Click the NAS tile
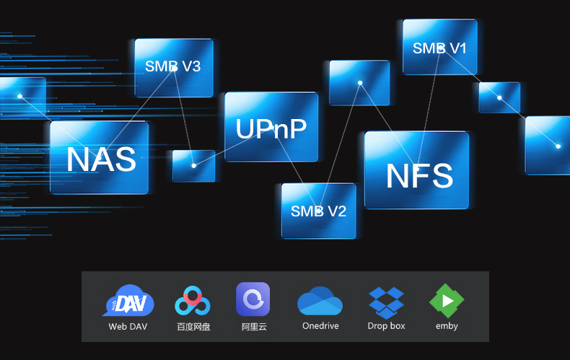[100, 158]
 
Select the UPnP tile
[271, 127]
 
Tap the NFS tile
[418, 174]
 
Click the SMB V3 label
[173, 66]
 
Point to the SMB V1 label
[439, 48]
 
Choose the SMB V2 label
[318, 211]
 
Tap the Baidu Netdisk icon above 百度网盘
[193, 301]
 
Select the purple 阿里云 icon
[253, 299]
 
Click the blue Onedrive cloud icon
[320, 301]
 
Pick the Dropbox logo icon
[386, 301]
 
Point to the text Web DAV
[128, 326]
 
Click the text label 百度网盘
[193, 326]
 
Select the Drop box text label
[386, 326]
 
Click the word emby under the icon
[447, 326]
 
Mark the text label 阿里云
[254, 326]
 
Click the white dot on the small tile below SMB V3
[194, 166]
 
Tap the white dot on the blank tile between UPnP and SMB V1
[359, 83]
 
